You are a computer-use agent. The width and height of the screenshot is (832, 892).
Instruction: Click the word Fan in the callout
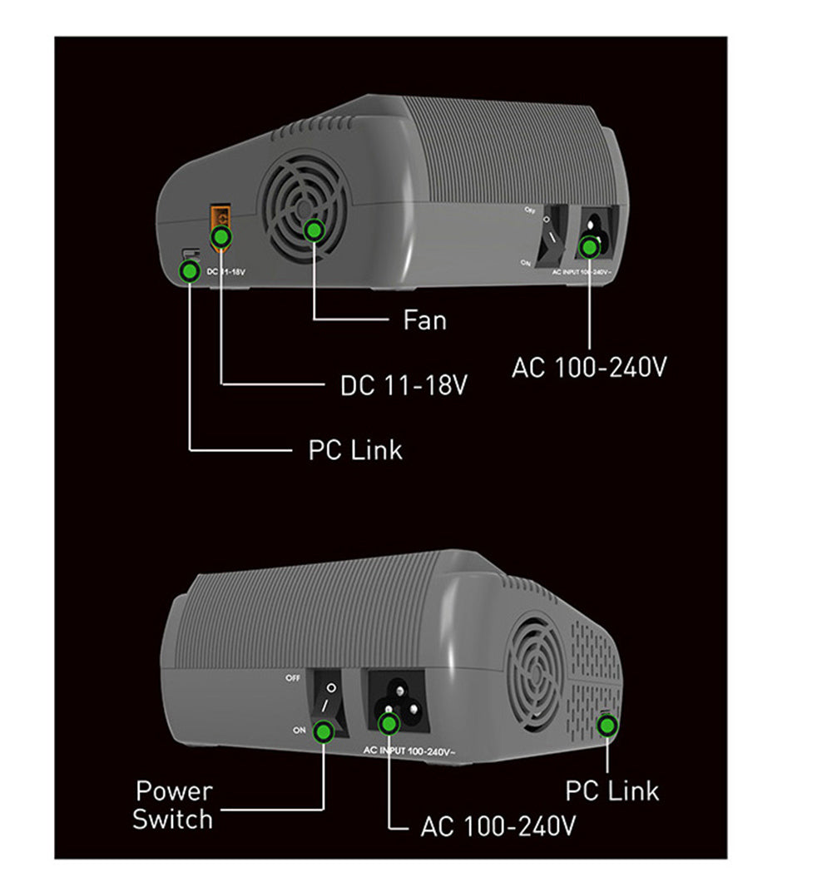click(424, 320)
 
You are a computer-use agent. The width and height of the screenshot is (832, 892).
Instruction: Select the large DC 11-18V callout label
click(404, 386)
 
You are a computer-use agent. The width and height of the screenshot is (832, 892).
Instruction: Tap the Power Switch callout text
click(173, 805)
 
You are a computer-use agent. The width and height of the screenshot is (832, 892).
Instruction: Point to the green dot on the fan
click(314, 230)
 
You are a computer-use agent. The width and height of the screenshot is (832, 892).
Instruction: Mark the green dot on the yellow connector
click(220, 238)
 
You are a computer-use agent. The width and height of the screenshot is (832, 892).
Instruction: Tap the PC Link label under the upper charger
click(355, 450)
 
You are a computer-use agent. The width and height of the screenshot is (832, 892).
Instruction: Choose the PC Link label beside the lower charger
click(612, 790)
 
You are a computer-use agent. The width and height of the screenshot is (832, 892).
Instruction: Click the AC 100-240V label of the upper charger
click(589, 367)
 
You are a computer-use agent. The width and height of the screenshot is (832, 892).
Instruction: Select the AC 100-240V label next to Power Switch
click(498, 826)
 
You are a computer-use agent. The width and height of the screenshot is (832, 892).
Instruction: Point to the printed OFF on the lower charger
click(292, 678)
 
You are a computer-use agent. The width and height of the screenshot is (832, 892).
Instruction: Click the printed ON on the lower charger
click(300, 730)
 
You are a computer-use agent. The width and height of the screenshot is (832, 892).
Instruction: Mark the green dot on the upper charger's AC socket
click(590, 246)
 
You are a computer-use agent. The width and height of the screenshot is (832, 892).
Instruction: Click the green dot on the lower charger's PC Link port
click(608, 726)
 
